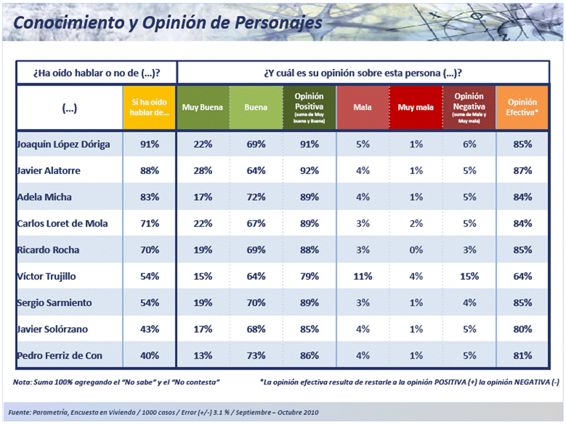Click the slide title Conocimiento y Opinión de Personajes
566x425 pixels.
point(167,22)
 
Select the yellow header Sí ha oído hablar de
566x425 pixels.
point(150,107)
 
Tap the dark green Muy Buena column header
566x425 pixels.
point(203,107)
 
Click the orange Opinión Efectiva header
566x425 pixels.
point(522,107)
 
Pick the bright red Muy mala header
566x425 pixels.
point(416,107)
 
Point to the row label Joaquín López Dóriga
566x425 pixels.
point(63,144)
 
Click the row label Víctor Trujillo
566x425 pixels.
point(47,276)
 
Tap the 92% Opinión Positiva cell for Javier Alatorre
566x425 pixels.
point(310,171)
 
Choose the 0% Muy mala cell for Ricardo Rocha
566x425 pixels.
point(416,250)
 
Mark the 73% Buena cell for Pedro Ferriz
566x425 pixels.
point(256,355)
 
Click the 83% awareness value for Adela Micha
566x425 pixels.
point(150,197)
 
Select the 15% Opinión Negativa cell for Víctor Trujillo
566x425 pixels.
point(469,276)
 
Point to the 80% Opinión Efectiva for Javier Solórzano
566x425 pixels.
point(522,329)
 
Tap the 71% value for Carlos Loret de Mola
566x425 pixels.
point(150,224)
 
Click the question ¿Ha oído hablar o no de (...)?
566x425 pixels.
point(97,74)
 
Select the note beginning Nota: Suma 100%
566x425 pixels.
point(117,382)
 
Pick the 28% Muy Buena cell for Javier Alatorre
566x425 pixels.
point(203,171)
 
